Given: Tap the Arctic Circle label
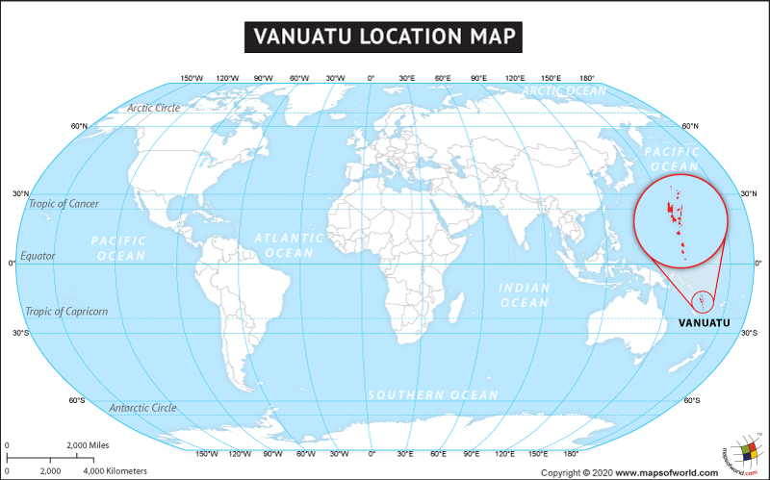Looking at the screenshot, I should pos(153,108).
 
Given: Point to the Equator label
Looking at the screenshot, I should pos(38,256).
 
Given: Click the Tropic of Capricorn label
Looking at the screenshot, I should pos(66,311).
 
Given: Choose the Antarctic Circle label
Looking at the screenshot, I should pos(142,408).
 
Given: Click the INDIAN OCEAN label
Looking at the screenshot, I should pos(524,295).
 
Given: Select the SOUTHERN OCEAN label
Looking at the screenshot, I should pos(433,395).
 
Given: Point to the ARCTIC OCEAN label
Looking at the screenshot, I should pos(564,91).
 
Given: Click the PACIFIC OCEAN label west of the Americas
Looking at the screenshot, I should pos(118,248).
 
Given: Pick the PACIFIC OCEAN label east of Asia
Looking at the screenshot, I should pos(671,160).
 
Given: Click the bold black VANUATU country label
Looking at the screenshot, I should pos(703,322).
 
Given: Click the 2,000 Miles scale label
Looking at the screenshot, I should pos(87,445).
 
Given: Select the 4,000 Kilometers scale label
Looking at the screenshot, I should pos(115,470).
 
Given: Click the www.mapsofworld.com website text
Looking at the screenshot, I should pos(667,472).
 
